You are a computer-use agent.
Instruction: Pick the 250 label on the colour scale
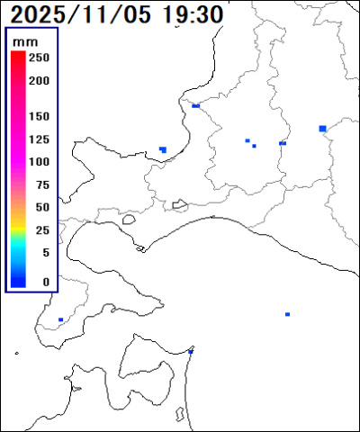click(40, 57)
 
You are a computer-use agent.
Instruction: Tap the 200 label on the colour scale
click(40, 80)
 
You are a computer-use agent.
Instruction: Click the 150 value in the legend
click(40, 117)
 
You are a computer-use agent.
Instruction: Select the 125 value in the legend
click(40, 139)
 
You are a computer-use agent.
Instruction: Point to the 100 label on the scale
click(40, 162)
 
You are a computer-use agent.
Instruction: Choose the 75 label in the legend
click(41, 184)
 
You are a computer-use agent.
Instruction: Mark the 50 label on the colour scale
click(41, 207)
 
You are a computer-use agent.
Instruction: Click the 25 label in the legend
click(41, 229)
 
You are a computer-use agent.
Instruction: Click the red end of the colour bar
click(18, 56)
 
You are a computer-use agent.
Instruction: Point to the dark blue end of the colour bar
click(18, 283)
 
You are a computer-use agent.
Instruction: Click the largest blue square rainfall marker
click(322, 129)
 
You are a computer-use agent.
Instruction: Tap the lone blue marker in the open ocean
click(287, 314)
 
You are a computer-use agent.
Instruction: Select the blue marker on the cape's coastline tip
click(191, 351)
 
